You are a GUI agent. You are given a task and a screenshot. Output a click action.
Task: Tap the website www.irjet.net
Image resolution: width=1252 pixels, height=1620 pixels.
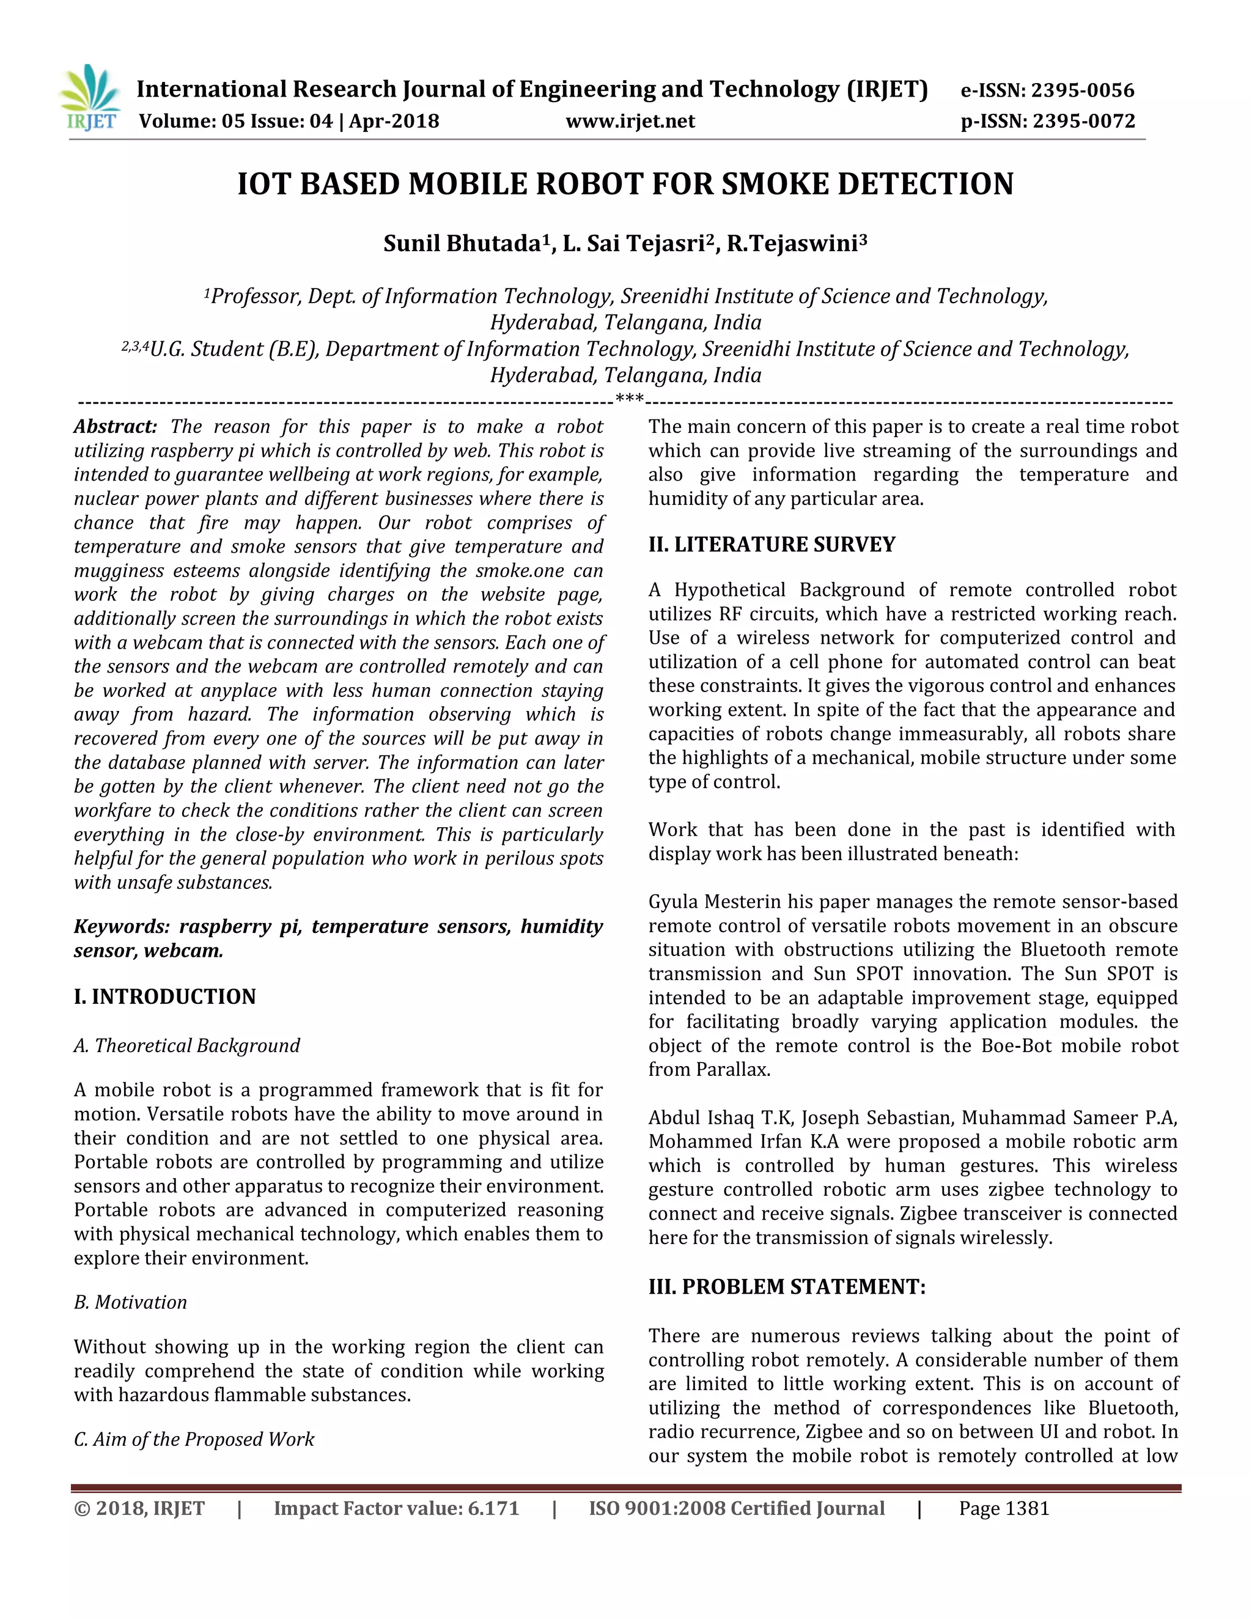click(x=630, y=121)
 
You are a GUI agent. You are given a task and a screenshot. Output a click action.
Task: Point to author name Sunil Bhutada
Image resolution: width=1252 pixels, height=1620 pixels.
click(x=462, y=243)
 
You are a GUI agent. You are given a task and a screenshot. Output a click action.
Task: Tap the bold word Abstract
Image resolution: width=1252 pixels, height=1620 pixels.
click(x=115, y=427)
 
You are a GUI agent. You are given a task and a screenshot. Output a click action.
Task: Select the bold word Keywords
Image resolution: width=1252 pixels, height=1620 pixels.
click(x=122, y=926)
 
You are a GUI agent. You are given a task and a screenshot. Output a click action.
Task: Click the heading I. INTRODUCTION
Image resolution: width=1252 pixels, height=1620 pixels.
click(x=164, y=996)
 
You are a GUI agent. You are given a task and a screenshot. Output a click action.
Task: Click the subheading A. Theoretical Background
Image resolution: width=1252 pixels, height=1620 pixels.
click(x=187, y=1045)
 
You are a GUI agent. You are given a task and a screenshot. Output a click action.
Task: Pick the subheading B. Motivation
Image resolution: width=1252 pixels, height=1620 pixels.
click(x=131, y=1302)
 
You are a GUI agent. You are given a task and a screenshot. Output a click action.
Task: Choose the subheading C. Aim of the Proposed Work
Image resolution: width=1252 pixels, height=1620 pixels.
click(x=194, y=1439)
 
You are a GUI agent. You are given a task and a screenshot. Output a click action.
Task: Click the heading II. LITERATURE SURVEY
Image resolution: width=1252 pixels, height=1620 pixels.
click(x=771, y=545)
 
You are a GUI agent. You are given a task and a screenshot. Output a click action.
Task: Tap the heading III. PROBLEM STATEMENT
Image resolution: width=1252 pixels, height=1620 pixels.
click(x=787, y=1286)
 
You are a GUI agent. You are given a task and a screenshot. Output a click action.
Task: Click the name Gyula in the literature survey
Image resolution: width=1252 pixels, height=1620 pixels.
click(x=674, y=902)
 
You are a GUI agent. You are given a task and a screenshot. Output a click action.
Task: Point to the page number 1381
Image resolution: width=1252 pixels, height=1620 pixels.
click(x=1026, y=1508)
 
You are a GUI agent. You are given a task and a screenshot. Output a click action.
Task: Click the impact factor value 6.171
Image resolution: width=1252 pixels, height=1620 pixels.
click(x=493, y=1508)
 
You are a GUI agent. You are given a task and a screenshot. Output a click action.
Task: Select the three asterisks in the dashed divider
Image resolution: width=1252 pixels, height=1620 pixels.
click(x=630, y=400)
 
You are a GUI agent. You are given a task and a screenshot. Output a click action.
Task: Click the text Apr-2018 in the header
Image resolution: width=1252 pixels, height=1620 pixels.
click(x=394, y=121)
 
